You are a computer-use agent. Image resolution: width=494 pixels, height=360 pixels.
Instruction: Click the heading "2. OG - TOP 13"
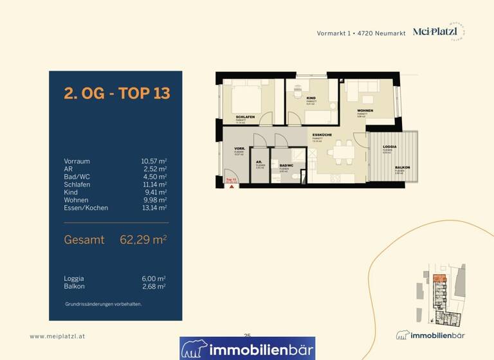click(x=116, y=93)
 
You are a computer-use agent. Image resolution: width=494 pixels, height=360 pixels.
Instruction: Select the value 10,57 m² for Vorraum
click(x=154, y=161)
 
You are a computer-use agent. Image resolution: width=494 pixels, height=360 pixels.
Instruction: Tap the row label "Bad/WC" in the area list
click(x=77, y=177)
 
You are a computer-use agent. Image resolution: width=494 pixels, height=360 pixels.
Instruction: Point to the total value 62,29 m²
click(x=143, y=240)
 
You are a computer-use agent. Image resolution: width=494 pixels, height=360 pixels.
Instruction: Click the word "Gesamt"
click(x=84, y=240)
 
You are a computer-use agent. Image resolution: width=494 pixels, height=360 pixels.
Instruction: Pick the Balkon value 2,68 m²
click(x=154, y=286)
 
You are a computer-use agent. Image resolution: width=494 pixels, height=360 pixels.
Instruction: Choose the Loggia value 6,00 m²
click(x=154, y=278)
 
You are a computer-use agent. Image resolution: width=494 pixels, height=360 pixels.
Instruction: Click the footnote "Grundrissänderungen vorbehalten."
click(x=103, y=303)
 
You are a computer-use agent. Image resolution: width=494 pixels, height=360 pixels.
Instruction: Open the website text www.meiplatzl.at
click(x=57, y=336)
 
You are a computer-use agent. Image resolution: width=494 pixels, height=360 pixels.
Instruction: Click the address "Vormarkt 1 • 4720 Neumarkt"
click(x=361, y=33)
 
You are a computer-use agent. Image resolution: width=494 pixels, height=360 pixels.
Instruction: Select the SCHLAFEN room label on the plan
click(x=245, y=116)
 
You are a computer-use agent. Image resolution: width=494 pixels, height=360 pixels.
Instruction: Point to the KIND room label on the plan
click(x=311, y=98)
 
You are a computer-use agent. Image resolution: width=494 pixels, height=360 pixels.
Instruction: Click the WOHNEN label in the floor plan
click(x=365, y=111)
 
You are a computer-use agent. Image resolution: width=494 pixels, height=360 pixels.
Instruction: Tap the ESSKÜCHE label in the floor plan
click(x=322, y=135)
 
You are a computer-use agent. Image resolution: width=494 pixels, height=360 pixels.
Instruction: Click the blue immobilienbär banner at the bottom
click(x=247, y=348)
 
